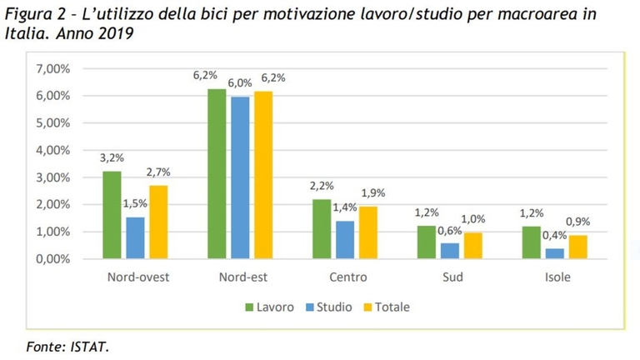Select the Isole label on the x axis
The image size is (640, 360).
(x=555, y=277)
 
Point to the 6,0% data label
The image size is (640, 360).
(x=240, y=83)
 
